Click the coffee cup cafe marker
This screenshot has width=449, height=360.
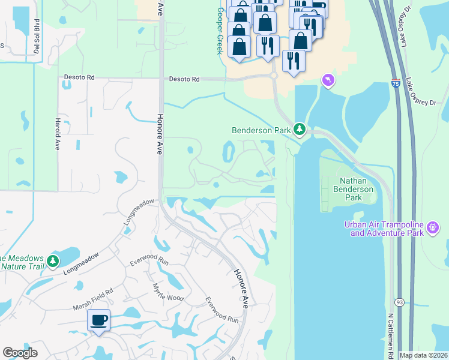click(x=98, y=320)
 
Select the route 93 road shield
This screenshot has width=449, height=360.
click(x=399, y=302)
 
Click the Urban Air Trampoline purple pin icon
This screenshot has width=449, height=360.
click(x=432, y=228)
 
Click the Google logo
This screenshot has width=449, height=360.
click(x=20, y=353)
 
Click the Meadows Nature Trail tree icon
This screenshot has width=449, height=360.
click(x=53, y=261)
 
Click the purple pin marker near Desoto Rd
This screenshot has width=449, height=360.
click(x=327, y=80)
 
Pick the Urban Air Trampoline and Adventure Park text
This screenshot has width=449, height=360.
click(x=384, y=228)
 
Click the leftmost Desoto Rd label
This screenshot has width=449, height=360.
click(x=79, y=77)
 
